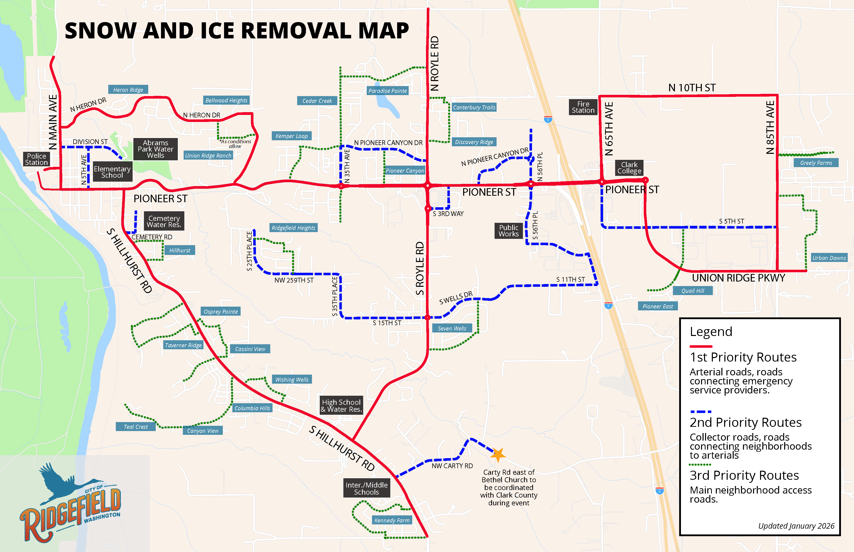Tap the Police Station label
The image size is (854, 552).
36,159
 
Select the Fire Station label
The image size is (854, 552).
583,107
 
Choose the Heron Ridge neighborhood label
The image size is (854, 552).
128,90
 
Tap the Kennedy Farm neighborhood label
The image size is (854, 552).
392,520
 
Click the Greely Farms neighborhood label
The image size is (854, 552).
816,163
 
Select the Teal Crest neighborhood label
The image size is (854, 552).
136,427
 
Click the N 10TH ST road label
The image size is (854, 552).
691,88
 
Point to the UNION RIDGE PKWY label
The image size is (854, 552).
738,278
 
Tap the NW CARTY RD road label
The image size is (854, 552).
452,466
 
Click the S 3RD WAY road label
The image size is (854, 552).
448,214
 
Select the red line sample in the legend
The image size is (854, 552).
701,346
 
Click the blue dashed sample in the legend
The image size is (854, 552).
701,411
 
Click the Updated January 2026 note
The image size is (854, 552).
796,526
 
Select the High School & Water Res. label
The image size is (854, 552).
341,405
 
